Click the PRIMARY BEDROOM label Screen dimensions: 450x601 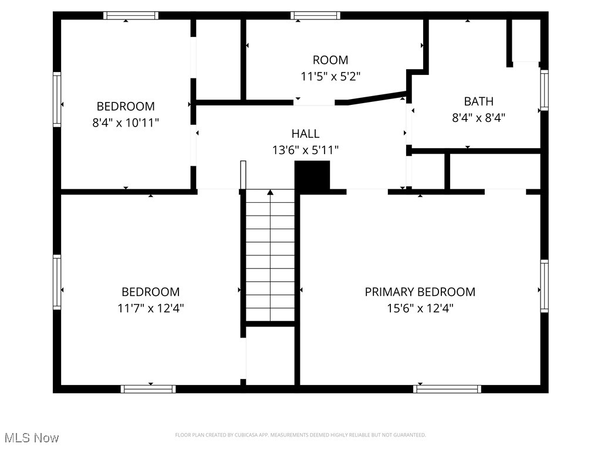point(420,292)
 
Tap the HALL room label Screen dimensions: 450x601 point(305,134)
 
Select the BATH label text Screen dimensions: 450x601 point(478,101)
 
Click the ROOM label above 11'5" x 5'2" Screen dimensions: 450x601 point(330,60)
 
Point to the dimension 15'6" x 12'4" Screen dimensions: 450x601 point(420,308)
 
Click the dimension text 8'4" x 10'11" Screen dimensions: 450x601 point(126,122)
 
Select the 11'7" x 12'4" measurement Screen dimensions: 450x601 point(150,308)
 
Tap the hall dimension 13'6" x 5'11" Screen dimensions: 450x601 point(305,151)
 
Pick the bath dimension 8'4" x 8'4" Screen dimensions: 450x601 point(478,117)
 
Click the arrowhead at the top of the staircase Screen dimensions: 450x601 point(270,192)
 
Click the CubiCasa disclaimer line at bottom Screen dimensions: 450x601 point(300,435)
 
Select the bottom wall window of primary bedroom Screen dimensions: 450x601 point(447,388)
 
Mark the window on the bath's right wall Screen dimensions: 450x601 point(544,90)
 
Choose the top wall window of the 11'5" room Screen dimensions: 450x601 point(315,16)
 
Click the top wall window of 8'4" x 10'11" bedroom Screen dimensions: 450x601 point(131,16)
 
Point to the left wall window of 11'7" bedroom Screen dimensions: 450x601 point(57,282)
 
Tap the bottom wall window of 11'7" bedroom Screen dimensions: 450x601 point(148,388)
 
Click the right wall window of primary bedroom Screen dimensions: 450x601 point(544,287)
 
